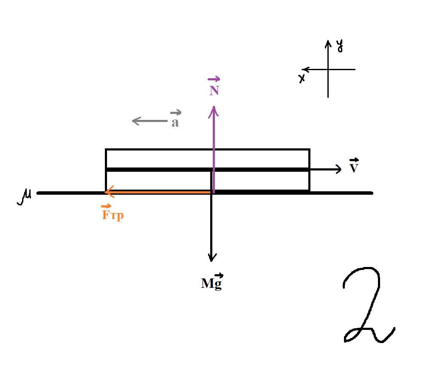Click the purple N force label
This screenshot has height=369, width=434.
(214, 91)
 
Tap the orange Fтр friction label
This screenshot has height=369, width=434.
(113, 215)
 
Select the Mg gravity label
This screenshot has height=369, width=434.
(211, 283)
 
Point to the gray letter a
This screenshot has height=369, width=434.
(175, 123)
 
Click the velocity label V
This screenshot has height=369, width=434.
(354, 168)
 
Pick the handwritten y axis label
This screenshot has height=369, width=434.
(340, 46)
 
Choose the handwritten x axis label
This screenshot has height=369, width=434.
(302, 78)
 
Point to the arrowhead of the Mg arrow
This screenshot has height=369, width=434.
(211, 259)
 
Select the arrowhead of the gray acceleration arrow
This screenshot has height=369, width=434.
(135, 121)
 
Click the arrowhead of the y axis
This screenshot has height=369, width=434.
(328, 42)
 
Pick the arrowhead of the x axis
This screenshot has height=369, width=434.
(304, 69)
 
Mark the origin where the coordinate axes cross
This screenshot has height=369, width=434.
(328, 69)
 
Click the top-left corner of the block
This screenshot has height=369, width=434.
(106, 150)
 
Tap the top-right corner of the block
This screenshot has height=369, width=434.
(310, 150)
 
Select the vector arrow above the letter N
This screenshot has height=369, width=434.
(214, 79)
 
